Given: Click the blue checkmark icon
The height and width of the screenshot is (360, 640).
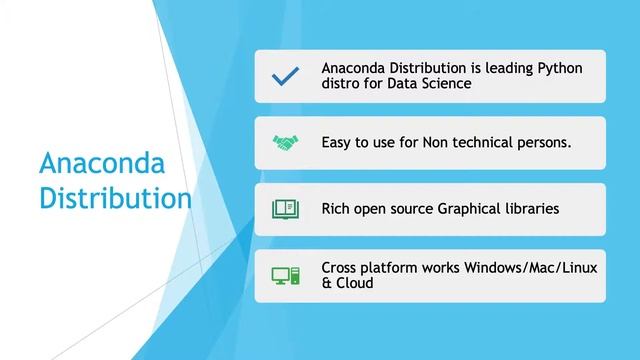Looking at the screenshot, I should pyautogui.click(x=285, y=76).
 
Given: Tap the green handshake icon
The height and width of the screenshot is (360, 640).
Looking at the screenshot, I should pyautogui.click(x=285, y=143).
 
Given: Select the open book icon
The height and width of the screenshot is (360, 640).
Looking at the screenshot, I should pyautogui.click(x=285, y=209).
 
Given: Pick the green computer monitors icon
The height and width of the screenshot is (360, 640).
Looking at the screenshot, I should pyautogui.click(x=285, y=275).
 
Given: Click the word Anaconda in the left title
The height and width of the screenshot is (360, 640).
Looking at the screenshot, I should pyautogui.click(x=100, y=163).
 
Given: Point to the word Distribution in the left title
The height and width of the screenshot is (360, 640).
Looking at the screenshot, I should pyautogui.click(x=115, y=196).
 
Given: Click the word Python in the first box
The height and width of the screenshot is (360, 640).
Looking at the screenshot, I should pyautogui.click(x=559, y=68).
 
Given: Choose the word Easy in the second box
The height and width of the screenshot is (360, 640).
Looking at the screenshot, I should pyautogui.click(x=339, y=143).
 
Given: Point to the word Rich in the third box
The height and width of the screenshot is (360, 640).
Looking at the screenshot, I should pyautogui.click(x=338, y=209).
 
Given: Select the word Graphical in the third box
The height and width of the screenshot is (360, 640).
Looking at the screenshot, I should pyautogui.click(x=473, y=209).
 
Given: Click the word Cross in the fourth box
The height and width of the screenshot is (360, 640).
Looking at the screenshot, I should pyautogui.click(x=342, y=267).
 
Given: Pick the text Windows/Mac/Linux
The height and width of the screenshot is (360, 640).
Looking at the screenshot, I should pyautogui.click(x=520, y=267).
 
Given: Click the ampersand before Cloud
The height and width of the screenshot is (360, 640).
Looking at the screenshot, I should pyautogui.click(x=327, y=283).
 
